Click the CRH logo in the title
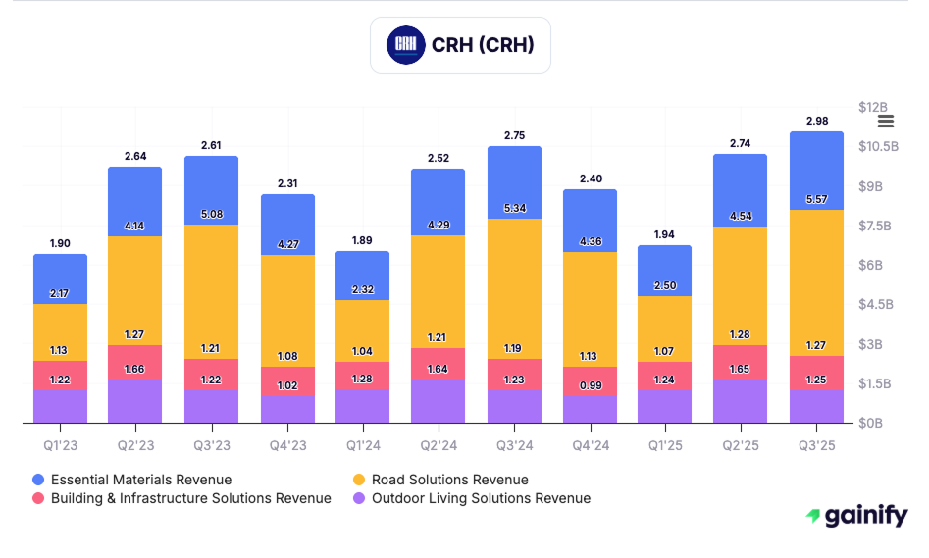tap(403, 44)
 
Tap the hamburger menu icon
tap(886, 121)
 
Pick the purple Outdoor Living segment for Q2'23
tap(135, 402)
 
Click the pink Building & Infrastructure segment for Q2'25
tap(740, 363)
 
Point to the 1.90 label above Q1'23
tap(60, 243)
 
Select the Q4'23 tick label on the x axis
tap(287, 445)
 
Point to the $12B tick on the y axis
tap(872, 106)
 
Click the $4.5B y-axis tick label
tap(875, 304)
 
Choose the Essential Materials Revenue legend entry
tap(131, 480)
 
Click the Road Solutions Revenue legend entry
tap(439, 480)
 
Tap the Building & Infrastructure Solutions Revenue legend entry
tap(181, 498)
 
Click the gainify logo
tap(856, 516)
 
